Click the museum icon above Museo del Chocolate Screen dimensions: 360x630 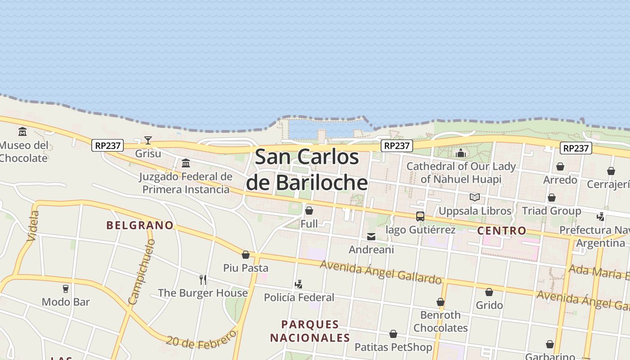[22, 132]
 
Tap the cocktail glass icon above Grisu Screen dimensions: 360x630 [148, 140]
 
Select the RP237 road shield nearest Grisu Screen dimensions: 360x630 [108, 145]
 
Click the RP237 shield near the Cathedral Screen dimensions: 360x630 [397, 146]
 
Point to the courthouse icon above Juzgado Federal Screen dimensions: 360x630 [186, 163]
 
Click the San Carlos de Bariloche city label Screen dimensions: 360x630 [307, 170]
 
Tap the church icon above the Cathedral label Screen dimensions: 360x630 [460, 153]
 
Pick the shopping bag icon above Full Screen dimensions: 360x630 [309, 210]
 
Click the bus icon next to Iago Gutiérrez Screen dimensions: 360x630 [420, 216]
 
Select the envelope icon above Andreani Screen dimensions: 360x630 [371, 236]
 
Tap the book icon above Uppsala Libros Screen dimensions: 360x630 [475, 197]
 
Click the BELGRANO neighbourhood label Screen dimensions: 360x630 [140, 225]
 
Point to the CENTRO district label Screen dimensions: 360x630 [502, 231]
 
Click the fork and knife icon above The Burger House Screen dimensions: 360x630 [203, 280]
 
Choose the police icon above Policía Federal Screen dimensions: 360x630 [298, 284]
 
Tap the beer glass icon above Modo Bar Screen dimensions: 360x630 [66, 288]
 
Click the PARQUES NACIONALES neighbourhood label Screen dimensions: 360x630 [310, 331]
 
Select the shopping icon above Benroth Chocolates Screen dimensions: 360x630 [441, 302]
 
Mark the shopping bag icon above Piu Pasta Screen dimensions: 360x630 [246, 255]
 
